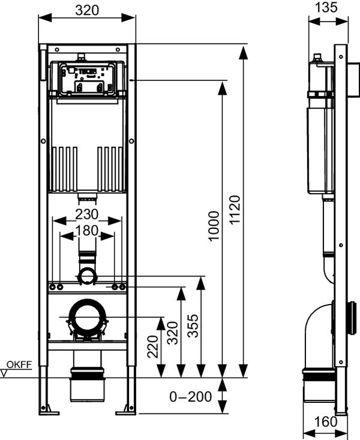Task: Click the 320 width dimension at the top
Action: [x=87, y=10]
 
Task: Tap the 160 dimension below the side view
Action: [x=326, y=422]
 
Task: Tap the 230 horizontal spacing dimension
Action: [x=88, y=214]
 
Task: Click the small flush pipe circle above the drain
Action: [x=88, y=276]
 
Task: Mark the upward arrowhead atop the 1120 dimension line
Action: [x=243, y=52]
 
